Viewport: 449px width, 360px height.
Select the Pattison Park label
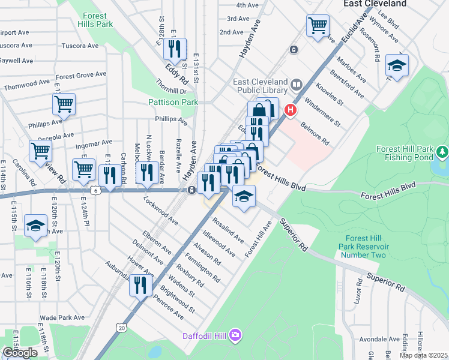click(x=173, y=103)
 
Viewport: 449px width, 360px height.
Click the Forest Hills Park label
click(x=92, y=20)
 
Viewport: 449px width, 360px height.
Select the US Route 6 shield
click(x=96, y=190)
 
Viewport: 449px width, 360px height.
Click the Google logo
click(x=20, y=353)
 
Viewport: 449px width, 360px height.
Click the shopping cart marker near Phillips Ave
click(x=64, y=104)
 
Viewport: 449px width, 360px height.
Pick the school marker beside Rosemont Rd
click(x=397, y=65)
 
